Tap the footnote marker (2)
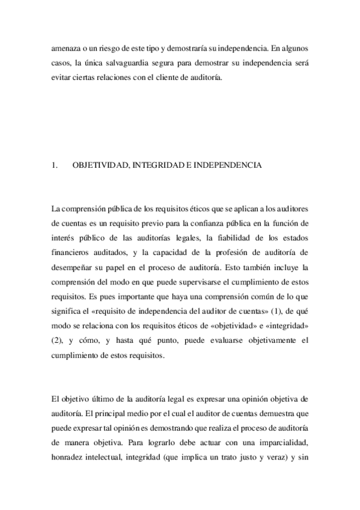(x=58, y=340)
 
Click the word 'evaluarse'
(x=221, y=340)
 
